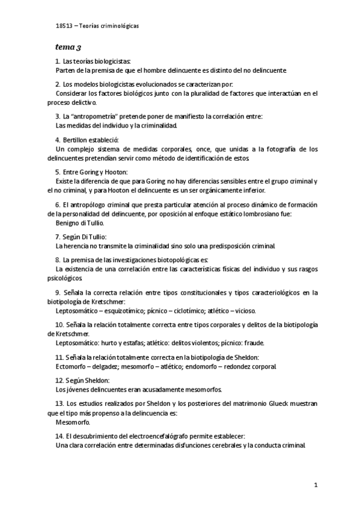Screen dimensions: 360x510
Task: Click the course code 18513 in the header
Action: tap(62, 26)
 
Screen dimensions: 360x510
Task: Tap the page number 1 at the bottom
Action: tap(315, 484)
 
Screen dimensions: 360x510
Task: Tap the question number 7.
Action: tap(57, 236)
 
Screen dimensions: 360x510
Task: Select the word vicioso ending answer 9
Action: tap(245, 310)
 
